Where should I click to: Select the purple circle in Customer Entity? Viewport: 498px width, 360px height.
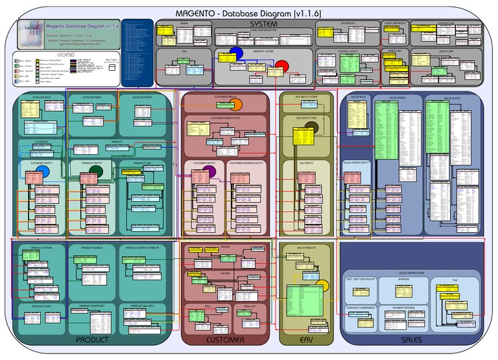point(209,171)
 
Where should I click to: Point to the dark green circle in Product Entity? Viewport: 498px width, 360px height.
point(95,171)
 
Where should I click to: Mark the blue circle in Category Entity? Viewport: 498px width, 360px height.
point(43,171)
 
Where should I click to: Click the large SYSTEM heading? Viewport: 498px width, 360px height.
point(246,24)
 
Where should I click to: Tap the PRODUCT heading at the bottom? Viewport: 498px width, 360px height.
point(92,339)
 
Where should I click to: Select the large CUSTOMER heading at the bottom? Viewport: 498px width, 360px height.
point(225,339)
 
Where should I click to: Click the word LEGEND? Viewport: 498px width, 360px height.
point(66,54)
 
